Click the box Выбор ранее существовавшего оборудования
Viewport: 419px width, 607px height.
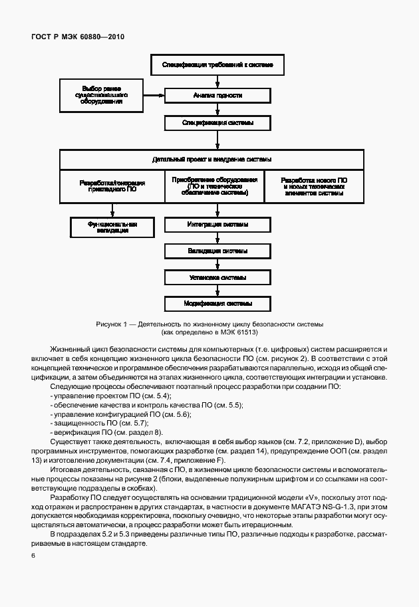coord(101,95)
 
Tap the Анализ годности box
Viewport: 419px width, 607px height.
coord(217,96)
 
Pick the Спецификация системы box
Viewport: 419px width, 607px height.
coord(217,123)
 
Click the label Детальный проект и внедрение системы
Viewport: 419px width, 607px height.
coord(211,160)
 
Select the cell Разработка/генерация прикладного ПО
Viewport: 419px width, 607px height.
coord(112,185)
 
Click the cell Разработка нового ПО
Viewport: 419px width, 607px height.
coord(313,185)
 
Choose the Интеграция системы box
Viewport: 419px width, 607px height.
coord(217,225)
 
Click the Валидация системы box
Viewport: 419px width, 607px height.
coord(217,251)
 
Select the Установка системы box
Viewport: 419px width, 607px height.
coord(217,277)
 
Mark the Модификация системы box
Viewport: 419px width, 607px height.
coord(217,304)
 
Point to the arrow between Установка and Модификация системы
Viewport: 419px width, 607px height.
coord(217,291)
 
